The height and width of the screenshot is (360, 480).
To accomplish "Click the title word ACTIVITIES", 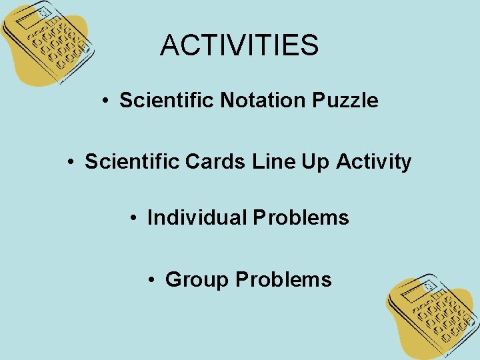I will (x=239, y=45).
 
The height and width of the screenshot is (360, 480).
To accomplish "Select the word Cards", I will (x=218, y=162).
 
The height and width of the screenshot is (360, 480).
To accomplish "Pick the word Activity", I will (x=373, y=162).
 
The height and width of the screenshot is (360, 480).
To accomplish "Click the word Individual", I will (x=197, y=218).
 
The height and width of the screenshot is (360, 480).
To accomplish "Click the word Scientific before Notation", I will (x=167, y=101).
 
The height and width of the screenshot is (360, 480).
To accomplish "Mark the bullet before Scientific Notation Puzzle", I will (x=105, y=101).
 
